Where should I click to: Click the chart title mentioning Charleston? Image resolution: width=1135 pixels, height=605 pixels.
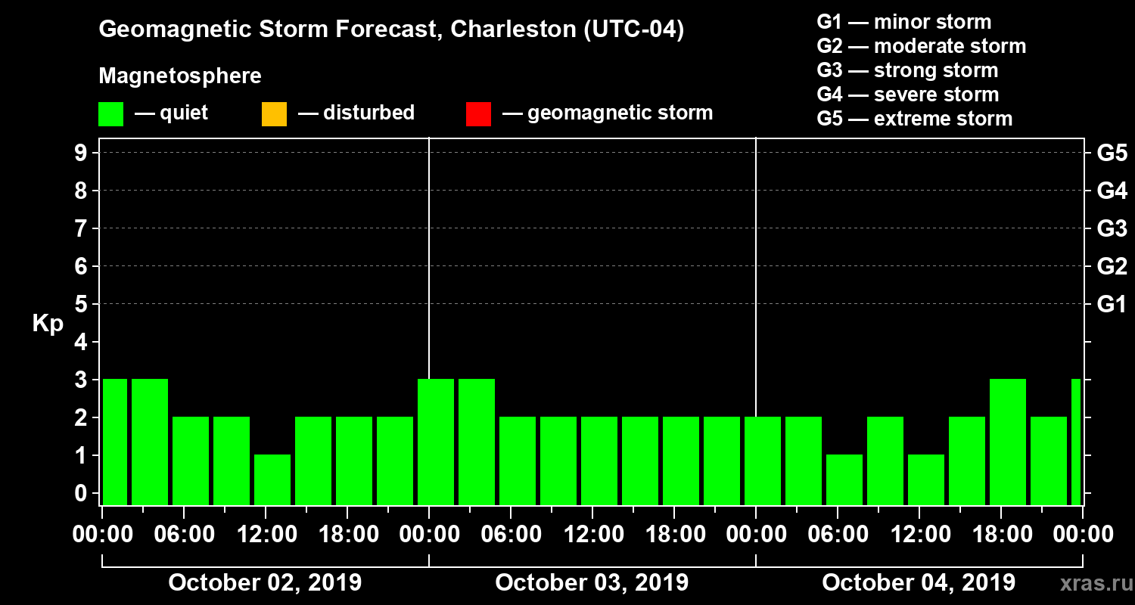coord(391,30)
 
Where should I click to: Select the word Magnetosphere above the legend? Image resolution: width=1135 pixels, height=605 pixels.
coord(179,76)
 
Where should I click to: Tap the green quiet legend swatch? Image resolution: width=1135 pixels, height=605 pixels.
coord(110,114)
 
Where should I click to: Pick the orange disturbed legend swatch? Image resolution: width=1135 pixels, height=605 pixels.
coord(274,114)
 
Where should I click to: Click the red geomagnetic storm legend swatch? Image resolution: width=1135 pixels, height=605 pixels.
coord(478,114)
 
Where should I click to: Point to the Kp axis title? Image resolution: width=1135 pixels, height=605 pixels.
coord(48,324)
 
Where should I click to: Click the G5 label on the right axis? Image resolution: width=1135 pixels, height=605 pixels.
coord(1112,153)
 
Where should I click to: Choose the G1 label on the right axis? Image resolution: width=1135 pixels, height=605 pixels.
coord(1112,304)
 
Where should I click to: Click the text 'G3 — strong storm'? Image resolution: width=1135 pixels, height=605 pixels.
coord(907,70)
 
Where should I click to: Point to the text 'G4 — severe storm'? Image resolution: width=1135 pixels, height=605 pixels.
coord(907,95)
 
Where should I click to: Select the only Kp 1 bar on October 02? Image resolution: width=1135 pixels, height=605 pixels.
coord(272,479)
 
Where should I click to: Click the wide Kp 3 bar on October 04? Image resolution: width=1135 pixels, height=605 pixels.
coord(1008,442)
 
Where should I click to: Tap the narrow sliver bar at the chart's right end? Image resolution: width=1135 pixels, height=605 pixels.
coord(1076,442)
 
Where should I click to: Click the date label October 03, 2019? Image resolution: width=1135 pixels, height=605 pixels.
coord(592,583)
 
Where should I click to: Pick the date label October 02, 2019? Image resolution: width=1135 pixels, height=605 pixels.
coord(265,583)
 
